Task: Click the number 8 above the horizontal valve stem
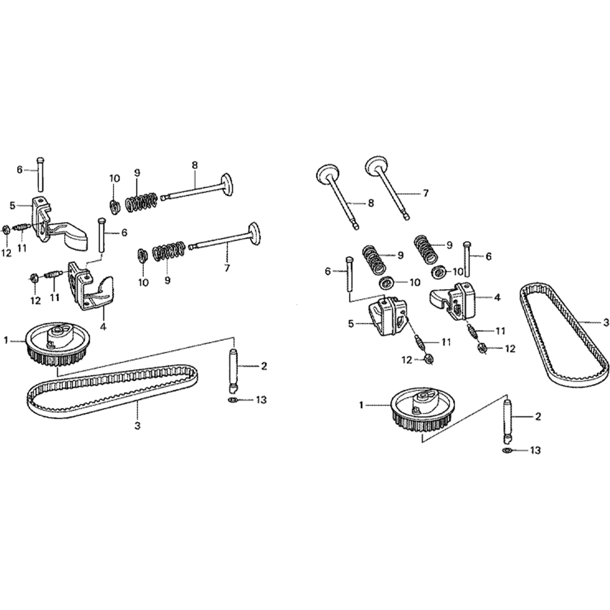[x=195, y=165]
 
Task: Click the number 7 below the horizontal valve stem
[x=227, y=268]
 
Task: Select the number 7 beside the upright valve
[x=425, y=193]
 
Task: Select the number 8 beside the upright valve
[x=370, y=203]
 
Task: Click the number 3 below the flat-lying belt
[x=137, y=426]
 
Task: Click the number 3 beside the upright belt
[x=606, y=323]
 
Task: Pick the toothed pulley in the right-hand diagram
[x=422, y=409]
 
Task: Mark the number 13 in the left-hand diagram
[x=261, y=400]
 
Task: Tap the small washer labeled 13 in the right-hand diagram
[x=506, y=451]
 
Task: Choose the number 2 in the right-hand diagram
[x=537, y=417]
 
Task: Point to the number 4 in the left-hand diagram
[x=103, y=327]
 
